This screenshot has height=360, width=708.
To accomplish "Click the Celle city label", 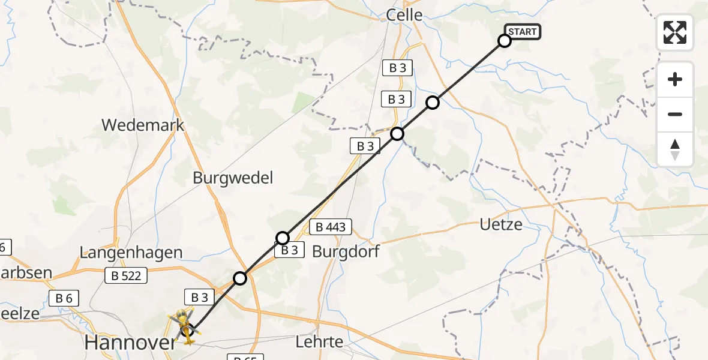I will tap(404, 15).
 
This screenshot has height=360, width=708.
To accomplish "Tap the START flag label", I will tap(523, 32).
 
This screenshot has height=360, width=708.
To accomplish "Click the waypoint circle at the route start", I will tap(505, 41).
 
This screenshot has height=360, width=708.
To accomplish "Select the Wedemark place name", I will tap(143, 125).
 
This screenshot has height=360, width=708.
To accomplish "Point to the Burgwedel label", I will tap(233, 178).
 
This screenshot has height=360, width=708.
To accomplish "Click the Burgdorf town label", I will tap(346, 251).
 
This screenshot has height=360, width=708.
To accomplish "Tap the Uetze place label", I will tap(501, 225).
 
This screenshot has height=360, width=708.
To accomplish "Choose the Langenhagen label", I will tap(131, 253).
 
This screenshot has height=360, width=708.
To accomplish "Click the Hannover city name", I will tap(131, 343).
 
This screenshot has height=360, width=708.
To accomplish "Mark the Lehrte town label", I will tap(320, 342).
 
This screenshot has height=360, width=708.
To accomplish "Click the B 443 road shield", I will tap(330, 227).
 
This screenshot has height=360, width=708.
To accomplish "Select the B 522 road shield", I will tap(126, 275).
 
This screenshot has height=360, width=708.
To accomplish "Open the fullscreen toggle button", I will tap(675, 32).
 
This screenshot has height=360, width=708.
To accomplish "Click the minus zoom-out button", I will tap(675, 114).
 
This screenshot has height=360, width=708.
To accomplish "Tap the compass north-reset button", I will tap(675, 149).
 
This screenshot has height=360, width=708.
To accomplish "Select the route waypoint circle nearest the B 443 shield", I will tap(283, 238).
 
